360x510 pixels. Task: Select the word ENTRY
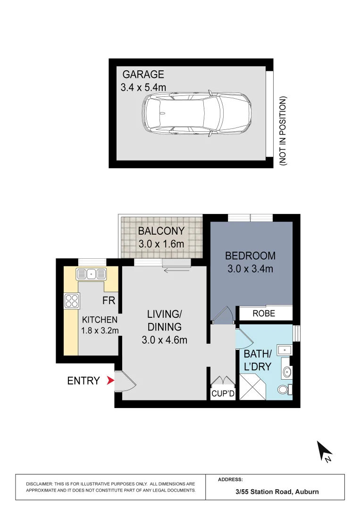tap(84, 381)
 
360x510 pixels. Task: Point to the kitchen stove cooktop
tap(71, 300)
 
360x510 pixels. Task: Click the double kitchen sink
tap(92, 273)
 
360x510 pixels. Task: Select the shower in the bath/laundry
tap(255, 388)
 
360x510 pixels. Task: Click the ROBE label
tap(264, 314)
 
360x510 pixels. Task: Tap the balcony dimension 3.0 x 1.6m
tap(161, 245)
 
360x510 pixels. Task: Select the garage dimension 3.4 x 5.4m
tap(143, 87)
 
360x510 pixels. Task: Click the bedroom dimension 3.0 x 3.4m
tap(250, 269)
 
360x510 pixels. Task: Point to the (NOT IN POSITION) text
tap(283, 131)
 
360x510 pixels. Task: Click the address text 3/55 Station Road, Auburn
tap(277, 492)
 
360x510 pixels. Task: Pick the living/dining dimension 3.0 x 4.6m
tap(165, 339)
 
